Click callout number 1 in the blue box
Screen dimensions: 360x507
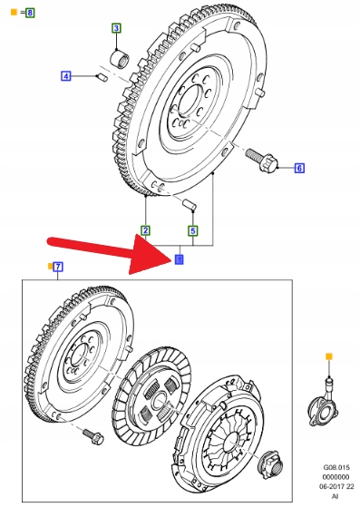pos(179,259)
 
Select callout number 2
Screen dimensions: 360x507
pos(146,230)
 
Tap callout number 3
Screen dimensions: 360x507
pos(116,28)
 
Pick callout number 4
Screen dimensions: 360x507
pos(66,76)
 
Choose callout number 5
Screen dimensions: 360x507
pos(193,231)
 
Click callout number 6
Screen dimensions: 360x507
pos(299,168)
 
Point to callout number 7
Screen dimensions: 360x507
pos(58,267)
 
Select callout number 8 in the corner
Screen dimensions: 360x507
pos(30,13)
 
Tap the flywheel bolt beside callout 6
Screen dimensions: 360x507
pos(261,159)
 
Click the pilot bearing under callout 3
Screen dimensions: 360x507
pos(121,57)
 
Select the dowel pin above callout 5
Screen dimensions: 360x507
pos(189,205)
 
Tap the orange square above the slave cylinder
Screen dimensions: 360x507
pos(328,356)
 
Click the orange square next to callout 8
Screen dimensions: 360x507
pos(14,13)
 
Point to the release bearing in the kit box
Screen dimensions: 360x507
pos(271,464)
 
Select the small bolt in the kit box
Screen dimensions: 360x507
pos(92,436)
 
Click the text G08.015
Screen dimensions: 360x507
pos(336,468)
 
